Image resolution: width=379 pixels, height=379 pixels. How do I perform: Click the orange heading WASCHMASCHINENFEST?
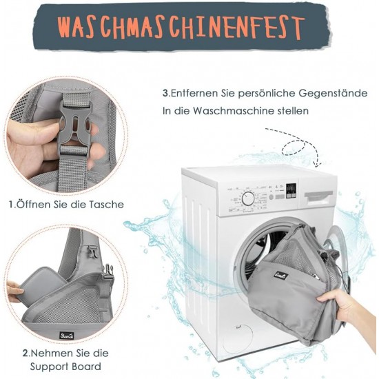(180, 27)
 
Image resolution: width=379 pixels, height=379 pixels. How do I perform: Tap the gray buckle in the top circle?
(74, 125)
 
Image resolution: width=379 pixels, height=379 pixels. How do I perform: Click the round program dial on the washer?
(248, 198)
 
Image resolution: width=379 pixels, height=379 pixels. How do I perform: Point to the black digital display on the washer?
(291, 191)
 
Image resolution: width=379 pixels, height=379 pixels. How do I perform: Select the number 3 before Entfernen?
(165, 93)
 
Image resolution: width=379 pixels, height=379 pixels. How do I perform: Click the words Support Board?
(65, 367)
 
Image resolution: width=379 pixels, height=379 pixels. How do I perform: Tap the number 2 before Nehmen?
(25, 354)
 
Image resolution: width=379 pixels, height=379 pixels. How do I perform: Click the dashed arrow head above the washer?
(318, 163)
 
